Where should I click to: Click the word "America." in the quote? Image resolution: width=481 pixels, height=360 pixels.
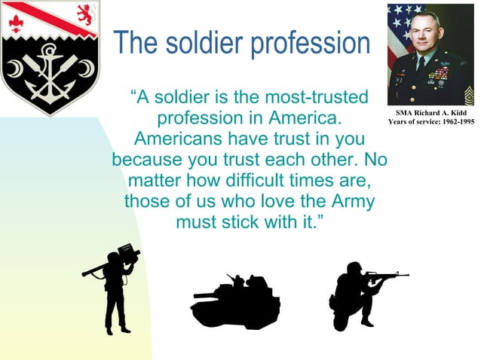coord(303,119)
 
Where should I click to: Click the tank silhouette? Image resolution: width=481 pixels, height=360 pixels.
coord(235,301)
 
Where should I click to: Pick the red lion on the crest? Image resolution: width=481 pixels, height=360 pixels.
coord(85,14)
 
